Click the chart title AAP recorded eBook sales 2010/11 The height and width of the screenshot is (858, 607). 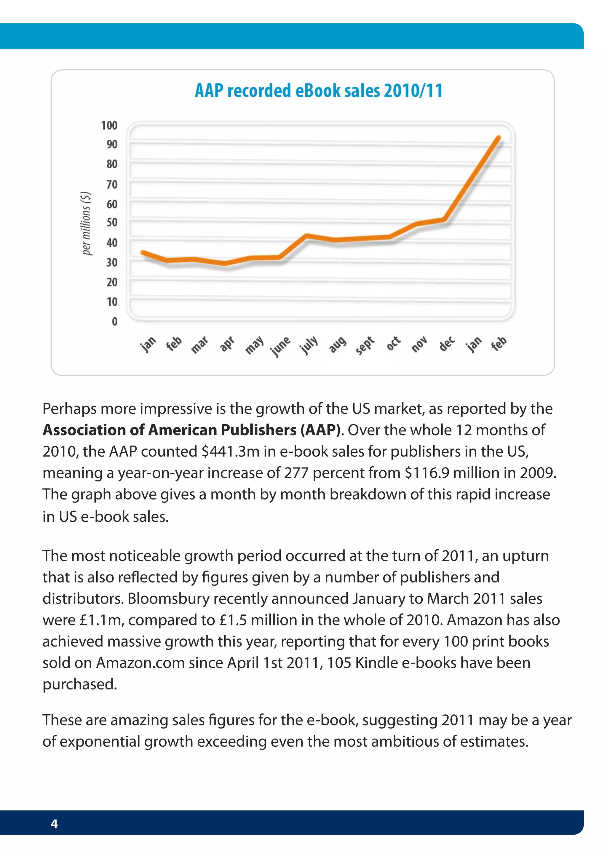click(x=318, y=91)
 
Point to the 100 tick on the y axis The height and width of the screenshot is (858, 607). click(x=109, y=125)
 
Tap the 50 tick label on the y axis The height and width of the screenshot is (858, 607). click(x=112, y=222)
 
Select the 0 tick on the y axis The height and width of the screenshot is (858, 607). click(x=114, y=321)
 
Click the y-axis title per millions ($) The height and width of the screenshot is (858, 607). click(x=86, y=223)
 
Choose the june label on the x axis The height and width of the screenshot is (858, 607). click(x=280, y=346)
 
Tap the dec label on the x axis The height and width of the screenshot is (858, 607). click(x=447, y=343)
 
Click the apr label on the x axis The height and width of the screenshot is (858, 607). click(x=227, y=343)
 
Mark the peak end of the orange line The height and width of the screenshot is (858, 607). click(x=498, y=138)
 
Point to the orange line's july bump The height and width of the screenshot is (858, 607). click(x=306, y=236)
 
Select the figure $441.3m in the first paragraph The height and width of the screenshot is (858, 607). click(x=230, y=452)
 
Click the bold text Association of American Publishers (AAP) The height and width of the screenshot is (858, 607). click(x=191, y=430)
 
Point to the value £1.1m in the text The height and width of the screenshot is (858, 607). click(x=101, y=620)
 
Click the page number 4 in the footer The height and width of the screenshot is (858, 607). click(x=54, y=824)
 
